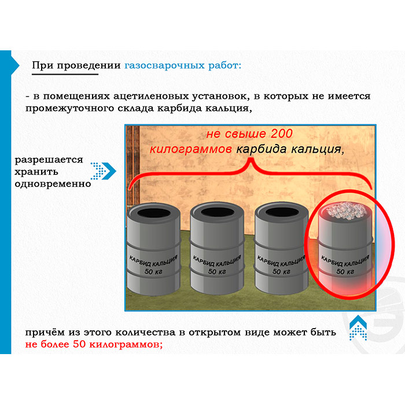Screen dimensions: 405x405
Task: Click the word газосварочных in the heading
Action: coord(164,66)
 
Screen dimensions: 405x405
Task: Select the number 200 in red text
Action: coord(282,134)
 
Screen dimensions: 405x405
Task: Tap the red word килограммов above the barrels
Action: coord(190,149)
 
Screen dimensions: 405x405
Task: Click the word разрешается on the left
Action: coord(49,160)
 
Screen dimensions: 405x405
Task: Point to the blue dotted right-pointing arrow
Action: coord(104,171)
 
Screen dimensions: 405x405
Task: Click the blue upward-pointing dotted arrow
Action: coord(358,328)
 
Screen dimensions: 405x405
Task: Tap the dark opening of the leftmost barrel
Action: coord(154,213)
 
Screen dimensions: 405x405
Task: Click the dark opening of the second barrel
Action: coord(218,212)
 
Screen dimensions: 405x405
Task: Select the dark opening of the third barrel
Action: coord(282,212)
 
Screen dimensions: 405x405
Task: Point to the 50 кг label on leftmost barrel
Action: coord(153,271)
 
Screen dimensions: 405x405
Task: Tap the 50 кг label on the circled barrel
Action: coord(345,271)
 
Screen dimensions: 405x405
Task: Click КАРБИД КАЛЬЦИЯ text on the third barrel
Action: coord(281,261)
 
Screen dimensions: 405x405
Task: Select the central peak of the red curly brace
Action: coord(251,159)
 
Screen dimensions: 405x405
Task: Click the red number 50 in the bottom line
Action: coord(79,344)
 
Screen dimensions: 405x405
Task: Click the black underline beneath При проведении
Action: coord(65,75)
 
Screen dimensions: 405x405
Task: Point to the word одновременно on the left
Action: coord(53,184)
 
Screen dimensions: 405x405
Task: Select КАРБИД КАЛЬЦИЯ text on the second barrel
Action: coord(217,261)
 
